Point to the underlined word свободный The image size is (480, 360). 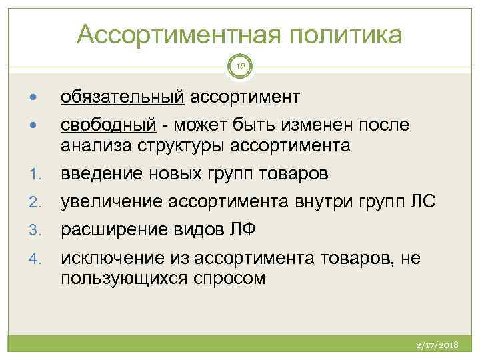tap(109, 127)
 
